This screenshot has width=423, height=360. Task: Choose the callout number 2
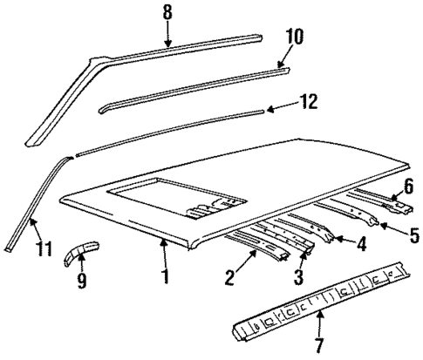(230, 279)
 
